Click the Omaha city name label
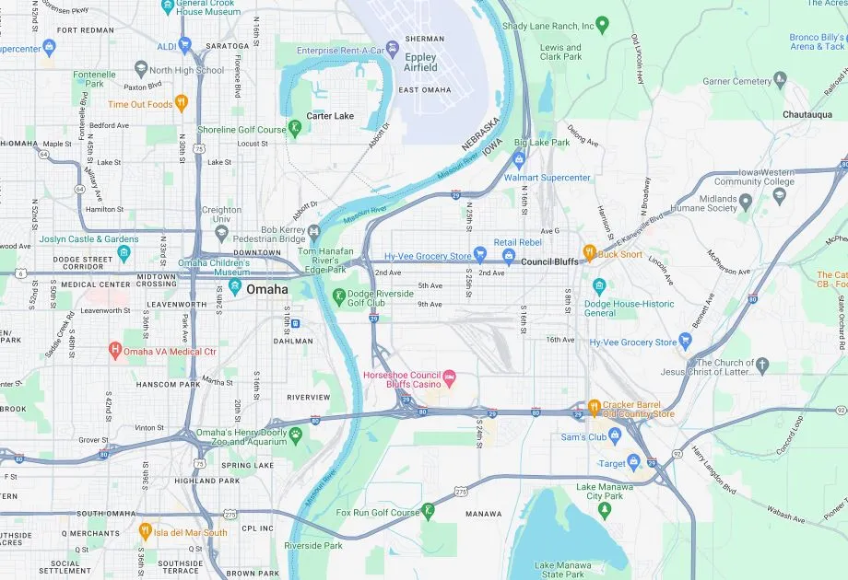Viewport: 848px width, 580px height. [267, 289]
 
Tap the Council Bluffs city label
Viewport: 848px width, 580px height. [549, 261]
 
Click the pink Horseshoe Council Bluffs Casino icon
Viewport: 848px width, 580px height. [450, 377]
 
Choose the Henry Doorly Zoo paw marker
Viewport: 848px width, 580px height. [296, 434]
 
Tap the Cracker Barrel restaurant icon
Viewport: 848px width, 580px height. [595, 406]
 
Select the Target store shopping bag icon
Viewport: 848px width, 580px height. [634, 463]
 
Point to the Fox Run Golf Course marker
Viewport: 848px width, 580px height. [428, 511]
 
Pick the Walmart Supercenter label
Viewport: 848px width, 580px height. [547, 178]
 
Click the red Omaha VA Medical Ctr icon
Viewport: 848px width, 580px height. [115, 351]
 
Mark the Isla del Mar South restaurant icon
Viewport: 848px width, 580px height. [145, 531]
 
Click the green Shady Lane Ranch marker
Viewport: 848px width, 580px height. [603, 25]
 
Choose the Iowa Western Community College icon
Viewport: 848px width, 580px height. [781, 194]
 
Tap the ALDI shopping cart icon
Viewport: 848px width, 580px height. [185, 44]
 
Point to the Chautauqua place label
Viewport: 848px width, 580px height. [807, 114]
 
